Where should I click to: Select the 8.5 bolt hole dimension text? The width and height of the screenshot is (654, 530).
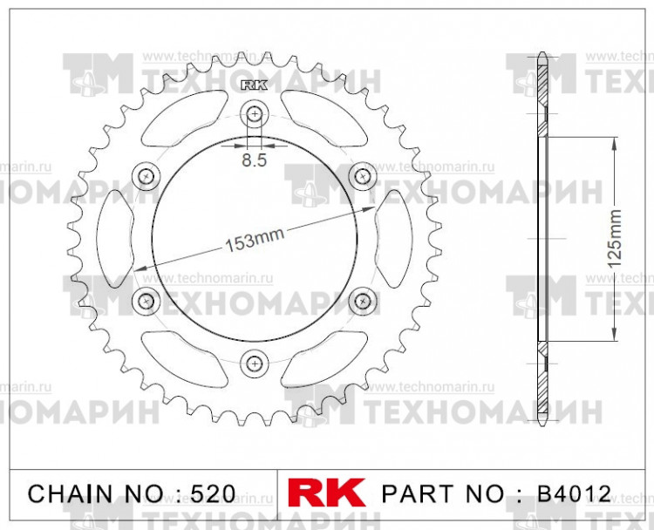[255, 160]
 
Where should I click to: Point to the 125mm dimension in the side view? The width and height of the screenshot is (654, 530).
[615, 237]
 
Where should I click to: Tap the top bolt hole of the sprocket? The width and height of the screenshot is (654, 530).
[255, 113]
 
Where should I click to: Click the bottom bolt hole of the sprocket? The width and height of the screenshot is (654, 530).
[255, 362]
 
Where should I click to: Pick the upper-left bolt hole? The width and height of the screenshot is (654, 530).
[146, 176]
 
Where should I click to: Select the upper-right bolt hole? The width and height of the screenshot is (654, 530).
[362, 176]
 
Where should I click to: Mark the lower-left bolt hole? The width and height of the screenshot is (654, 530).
[146, 301]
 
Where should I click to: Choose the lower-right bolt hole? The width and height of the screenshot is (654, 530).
[362, 301]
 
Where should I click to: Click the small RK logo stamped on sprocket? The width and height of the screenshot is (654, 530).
[253, 85]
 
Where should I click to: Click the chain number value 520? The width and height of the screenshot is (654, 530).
[212, 494]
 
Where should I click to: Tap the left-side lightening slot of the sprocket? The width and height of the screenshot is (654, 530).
[113, 238]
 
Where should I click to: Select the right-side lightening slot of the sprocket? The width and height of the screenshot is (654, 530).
[394, 238]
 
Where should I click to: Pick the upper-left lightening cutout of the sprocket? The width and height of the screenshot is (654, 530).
[179, 122]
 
